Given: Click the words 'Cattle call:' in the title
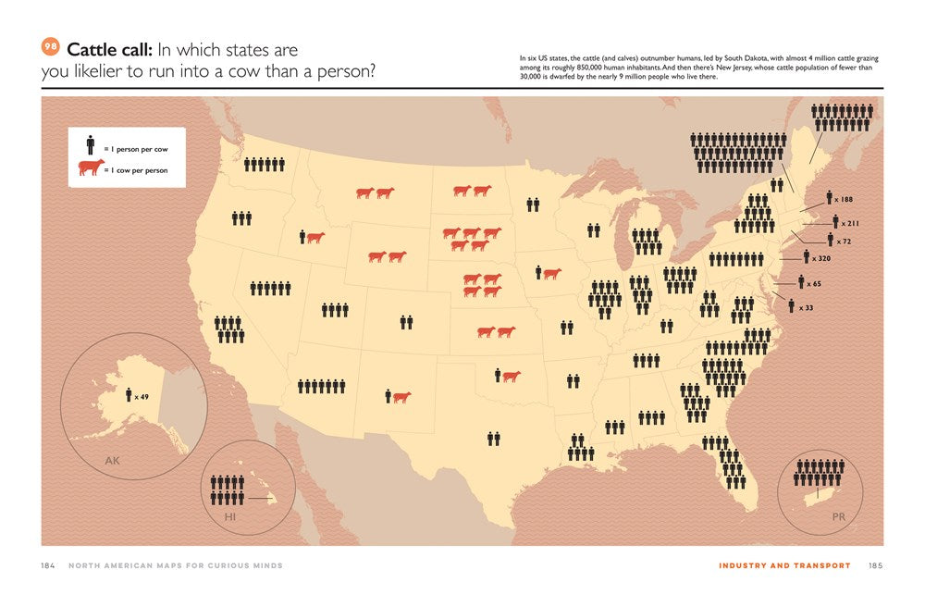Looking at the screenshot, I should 111,50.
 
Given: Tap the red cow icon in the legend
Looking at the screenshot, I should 91,167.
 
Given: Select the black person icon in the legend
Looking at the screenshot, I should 90,145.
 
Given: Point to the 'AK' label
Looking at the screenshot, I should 112,460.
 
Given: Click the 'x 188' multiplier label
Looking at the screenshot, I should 843,199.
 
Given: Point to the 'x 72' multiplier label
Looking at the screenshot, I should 843,241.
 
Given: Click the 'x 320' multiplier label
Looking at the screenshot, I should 820,258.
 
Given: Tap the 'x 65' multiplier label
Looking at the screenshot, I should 813,284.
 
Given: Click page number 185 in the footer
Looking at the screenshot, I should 874,565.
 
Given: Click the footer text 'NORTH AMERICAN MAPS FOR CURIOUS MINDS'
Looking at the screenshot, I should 176,565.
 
